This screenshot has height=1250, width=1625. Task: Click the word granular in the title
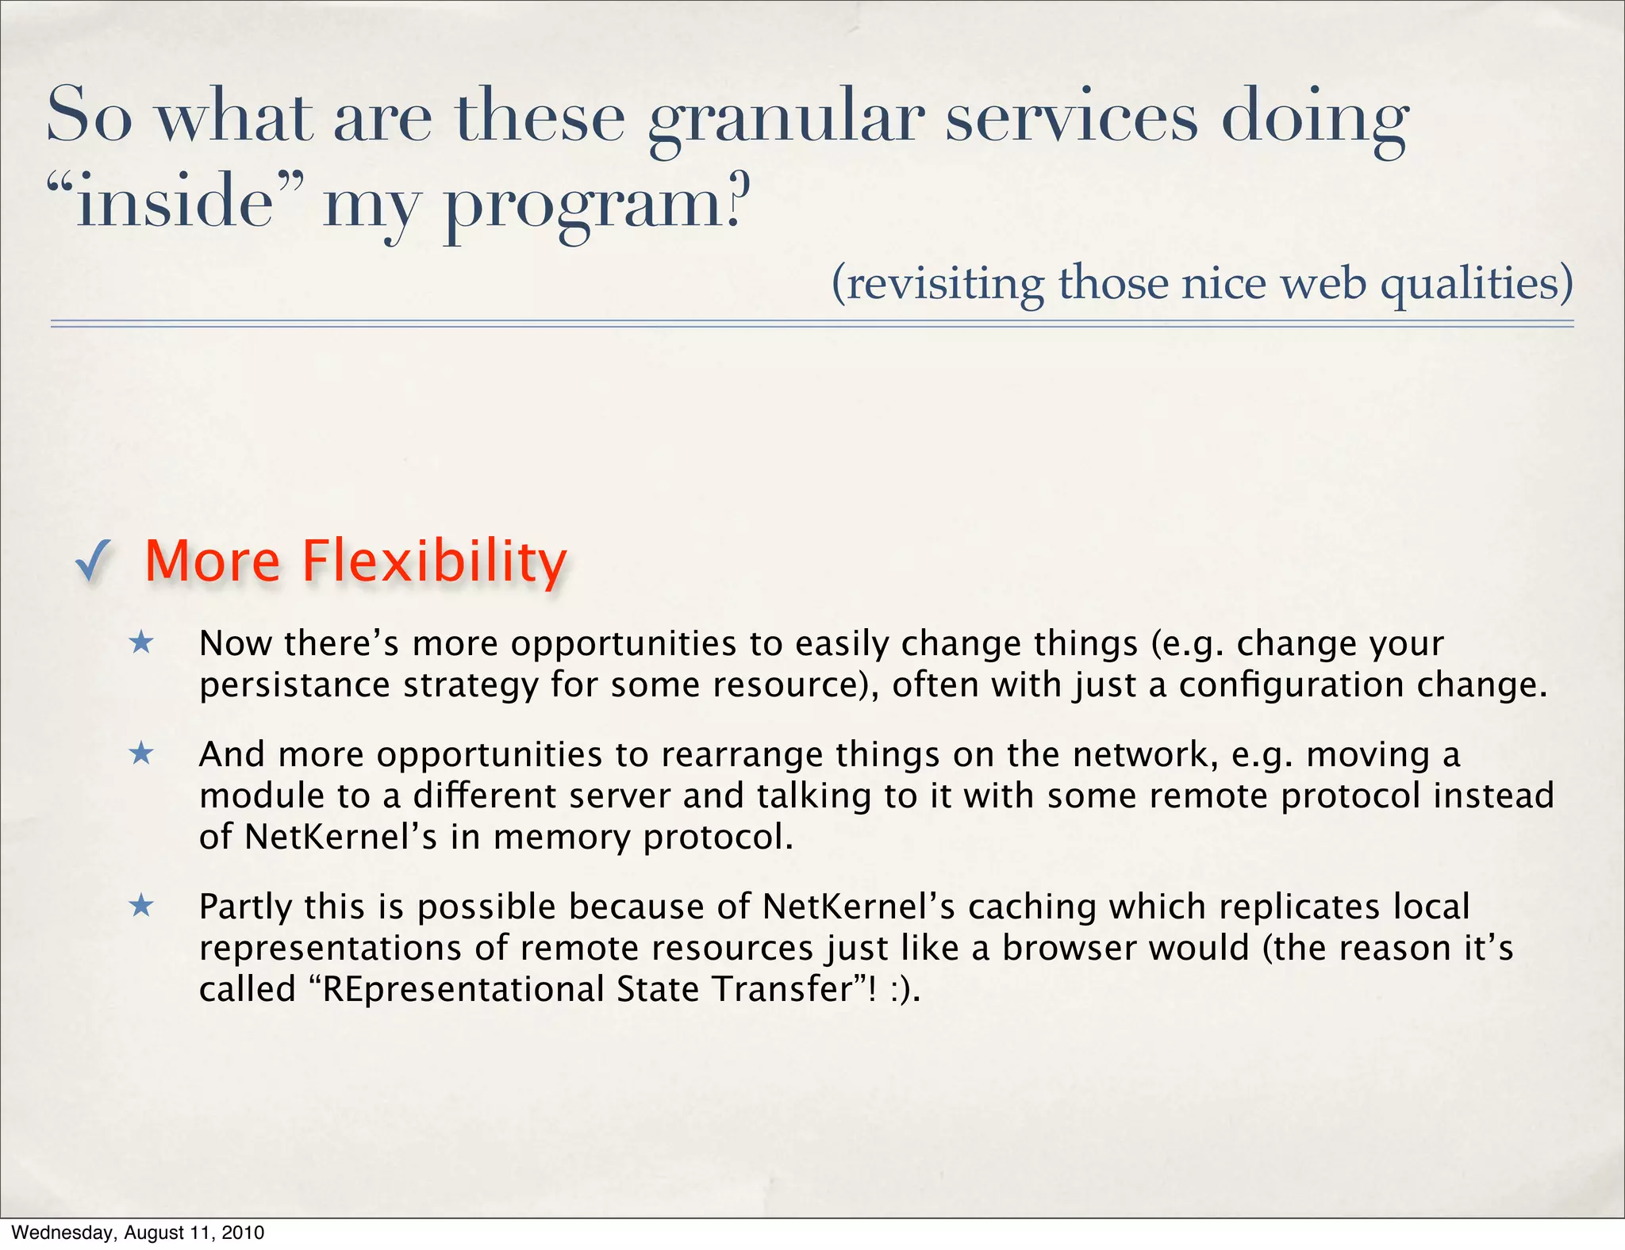coord(786,119)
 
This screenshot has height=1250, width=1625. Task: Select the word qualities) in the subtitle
coord(1476,283)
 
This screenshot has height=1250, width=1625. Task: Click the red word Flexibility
coord(434,562)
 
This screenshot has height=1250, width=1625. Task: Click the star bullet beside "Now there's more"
coord(141,642)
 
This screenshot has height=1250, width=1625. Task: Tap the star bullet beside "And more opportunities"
coord(141,753)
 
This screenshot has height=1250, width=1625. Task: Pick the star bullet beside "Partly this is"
coord(141,905)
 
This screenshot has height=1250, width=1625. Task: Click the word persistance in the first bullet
coord(294,685)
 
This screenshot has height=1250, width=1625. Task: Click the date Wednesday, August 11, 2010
coord(137,1233)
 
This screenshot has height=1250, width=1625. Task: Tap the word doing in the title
coord(1313,119)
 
